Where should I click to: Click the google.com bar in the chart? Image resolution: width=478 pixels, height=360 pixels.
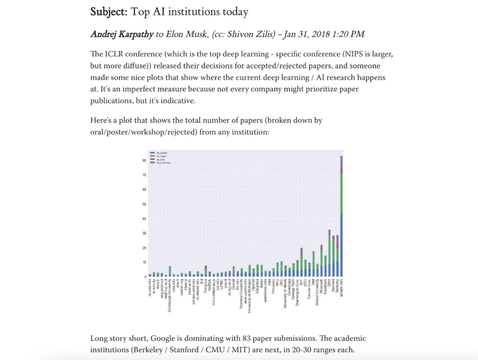coord(341,217)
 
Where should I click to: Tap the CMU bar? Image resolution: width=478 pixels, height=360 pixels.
coord(329,254)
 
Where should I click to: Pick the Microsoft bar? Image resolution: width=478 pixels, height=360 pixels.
coord(321,261)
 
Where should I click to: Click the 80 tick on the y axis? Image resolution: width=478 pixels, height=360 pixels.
coord(144,161)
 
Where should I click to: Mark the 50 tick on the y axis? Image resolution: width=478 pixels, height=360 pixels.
coord(144,204)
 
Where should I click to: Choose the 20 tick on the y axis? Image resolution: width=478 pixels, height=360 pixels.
coord(144,248)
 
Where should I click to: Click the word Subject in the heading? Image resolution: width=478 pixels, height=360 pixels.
coord(108,12)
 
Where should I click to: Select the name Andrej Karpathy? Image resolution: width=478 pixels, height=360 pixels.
coord(122,34)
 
